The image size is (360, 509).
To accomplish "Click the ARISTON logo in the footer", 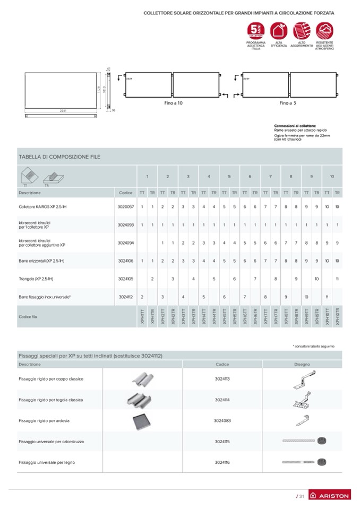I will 329,496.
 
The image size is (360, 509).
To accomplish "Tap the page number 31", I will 301,496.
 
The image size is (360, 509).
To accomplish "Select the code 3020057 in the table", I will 126,206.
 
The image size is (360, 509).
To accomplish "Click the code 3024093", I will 126,225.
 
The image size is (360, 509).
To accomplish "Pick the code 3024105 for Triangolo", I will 126,278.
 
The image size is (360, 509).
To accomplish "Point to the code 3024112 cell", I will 126,297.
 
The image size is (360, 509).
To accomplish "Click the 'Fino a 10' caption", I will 173,102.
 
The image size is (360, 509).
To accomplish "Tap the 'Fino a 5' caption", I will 288,102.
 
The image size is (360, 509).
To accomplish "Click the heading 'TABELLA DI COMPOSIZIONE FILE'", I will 59,157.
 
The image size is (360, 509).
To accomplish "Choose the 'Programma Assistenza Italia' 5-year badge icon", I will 256,30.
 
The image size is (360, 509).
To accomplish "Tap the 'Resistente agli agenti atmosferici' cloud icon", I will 324,30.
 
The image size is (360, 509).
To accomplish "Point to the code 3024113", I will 222,379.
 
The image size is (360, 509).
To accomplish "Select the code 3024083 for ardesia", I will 222,420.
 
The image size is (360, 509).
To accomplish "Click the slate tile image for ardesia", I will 142,421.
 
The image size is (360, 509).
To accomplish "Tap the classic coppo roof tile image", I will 142,379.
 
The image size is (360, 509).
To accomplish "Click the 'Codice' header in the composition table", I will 126,193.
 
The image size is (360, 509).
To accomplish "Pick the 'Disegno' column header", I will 302,365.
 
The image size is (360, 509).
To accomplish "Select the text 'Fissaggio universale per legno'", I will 47,462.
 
